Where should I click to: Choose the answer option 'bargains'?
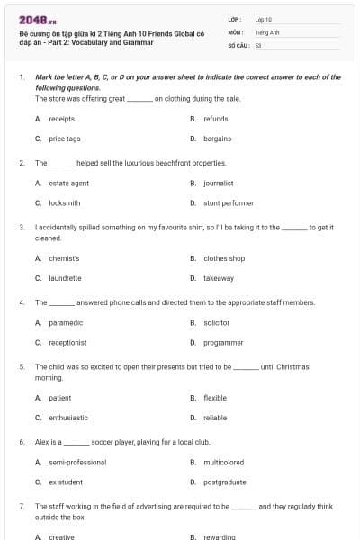coord(217,139)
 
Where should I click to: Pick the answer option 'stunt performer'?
coord(229,202)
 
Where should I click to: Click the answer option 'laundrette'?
coord(65,278)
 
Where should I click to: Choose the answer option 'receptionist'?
coord(67,342)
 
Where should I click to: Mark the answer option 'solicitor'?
coord(217,322)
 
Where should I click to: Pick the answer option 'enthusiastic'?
coord(68,418)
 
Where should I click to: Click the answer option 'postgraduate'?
coord(224,481)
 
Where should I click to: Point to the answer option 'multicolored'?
coord(223,462)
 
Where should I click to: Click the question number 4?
coord(21,302)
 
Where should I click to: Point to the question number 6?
coord(21,442)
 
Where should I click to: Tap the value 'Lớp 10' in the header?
coord(264,18)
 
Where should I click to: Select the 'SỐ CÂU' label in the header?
coord(238,44)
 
